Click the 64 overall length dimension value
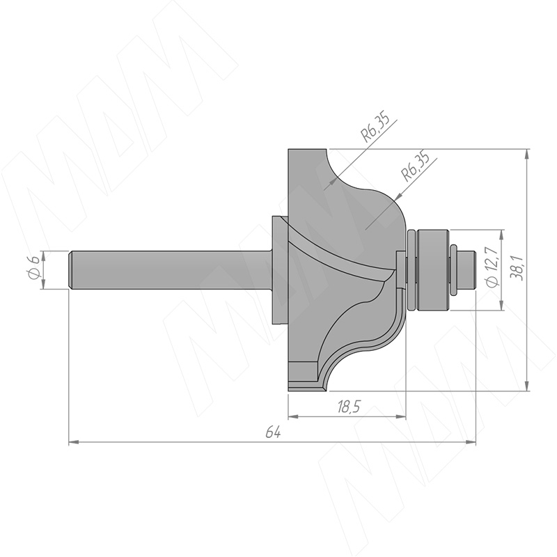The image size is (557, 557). pos(273,433)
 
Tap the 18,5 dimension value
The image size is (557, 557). pos(349,407)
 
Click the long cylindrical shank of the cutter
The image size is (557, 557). pos(171,270)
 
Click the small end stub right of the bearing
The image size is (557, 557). pos(466,270)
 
